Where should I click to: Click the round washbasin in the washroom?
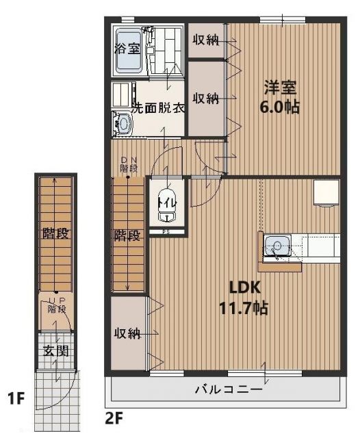coord(124,125)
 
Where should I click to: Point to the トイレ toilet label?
coord(166,203)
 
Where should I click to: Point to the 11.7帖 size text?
coord(242,307)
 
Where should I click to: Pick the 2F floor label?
coord(114,415)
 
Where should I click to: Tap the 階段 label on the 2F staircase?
coord(127,236)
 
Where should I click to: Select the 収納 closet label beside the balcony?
coord(127,333)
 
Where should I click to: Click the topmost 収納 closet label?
coord(205,39)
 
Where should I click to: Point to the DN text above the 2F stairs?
coord(127,159)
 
